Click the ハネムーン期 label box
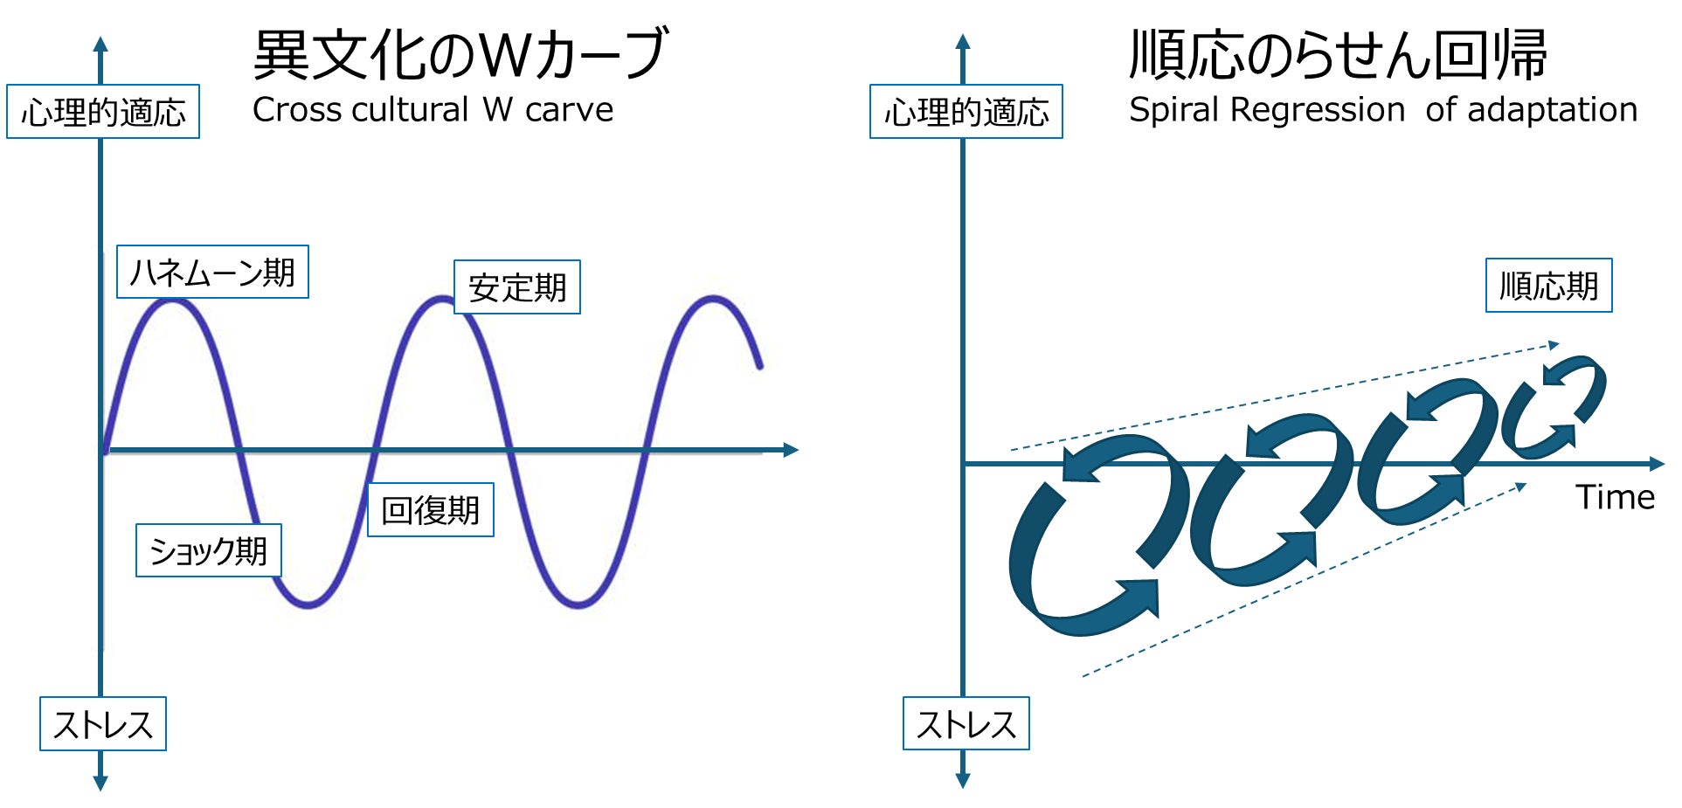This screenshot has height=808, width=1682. [212, 273]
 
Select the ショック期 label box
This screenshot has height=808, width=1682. [209, 550]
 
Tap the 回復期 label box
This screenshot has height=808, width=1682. [431, 510]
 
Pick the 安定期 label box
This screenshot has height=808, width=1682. [517, 287]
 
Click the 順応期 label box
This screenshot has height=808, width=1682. [1548, 286]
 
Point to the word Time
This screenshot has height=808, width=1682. [1615, 497]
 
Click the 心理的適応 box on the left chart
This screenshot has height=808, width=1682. [103, 112]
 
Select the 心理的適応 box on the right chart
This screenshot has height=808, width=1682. [966, 112]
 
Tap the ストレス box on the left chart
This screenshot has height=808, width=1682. [103, 724]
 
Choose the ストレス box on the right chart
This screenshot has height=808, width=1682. [966, 724]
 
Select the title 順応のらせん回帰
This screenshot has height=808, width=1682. [1338, 54]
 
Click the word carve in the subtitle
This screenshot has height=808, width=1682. [569, 110]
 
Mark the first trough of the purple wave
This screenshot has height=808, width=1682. [308, 604]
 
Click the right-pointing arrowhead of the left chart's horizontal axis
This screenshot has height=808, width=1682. [791, 450]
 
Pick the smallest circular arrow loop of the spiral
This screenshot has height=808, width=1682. [1555, 406]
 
